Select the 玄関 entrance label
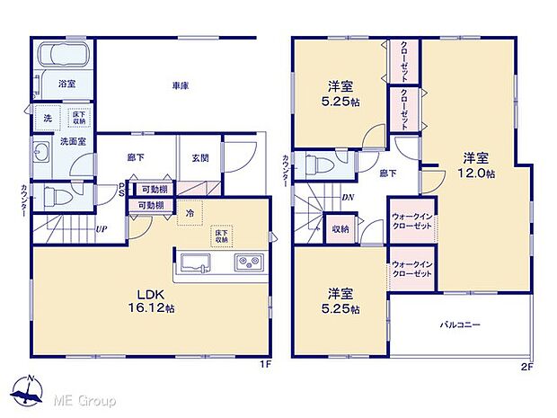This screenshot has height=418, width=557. pyautogui.click(x=199, y=158)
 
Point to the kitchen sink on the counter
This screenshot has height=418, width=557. pyautogui.click(x=196, y=262)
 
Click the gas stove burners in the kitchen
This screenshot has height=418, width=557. pyautogui.click(x=247, y=262)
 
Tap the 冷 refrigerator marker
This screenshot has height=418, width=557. pyautogui.click(x=190, y=213)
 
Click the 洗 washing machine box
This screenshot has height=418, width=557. pyautogui.click(x=47, y=117)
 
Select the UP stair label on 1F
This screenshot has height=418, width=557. pyautogui.click(x=102, y=228)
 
